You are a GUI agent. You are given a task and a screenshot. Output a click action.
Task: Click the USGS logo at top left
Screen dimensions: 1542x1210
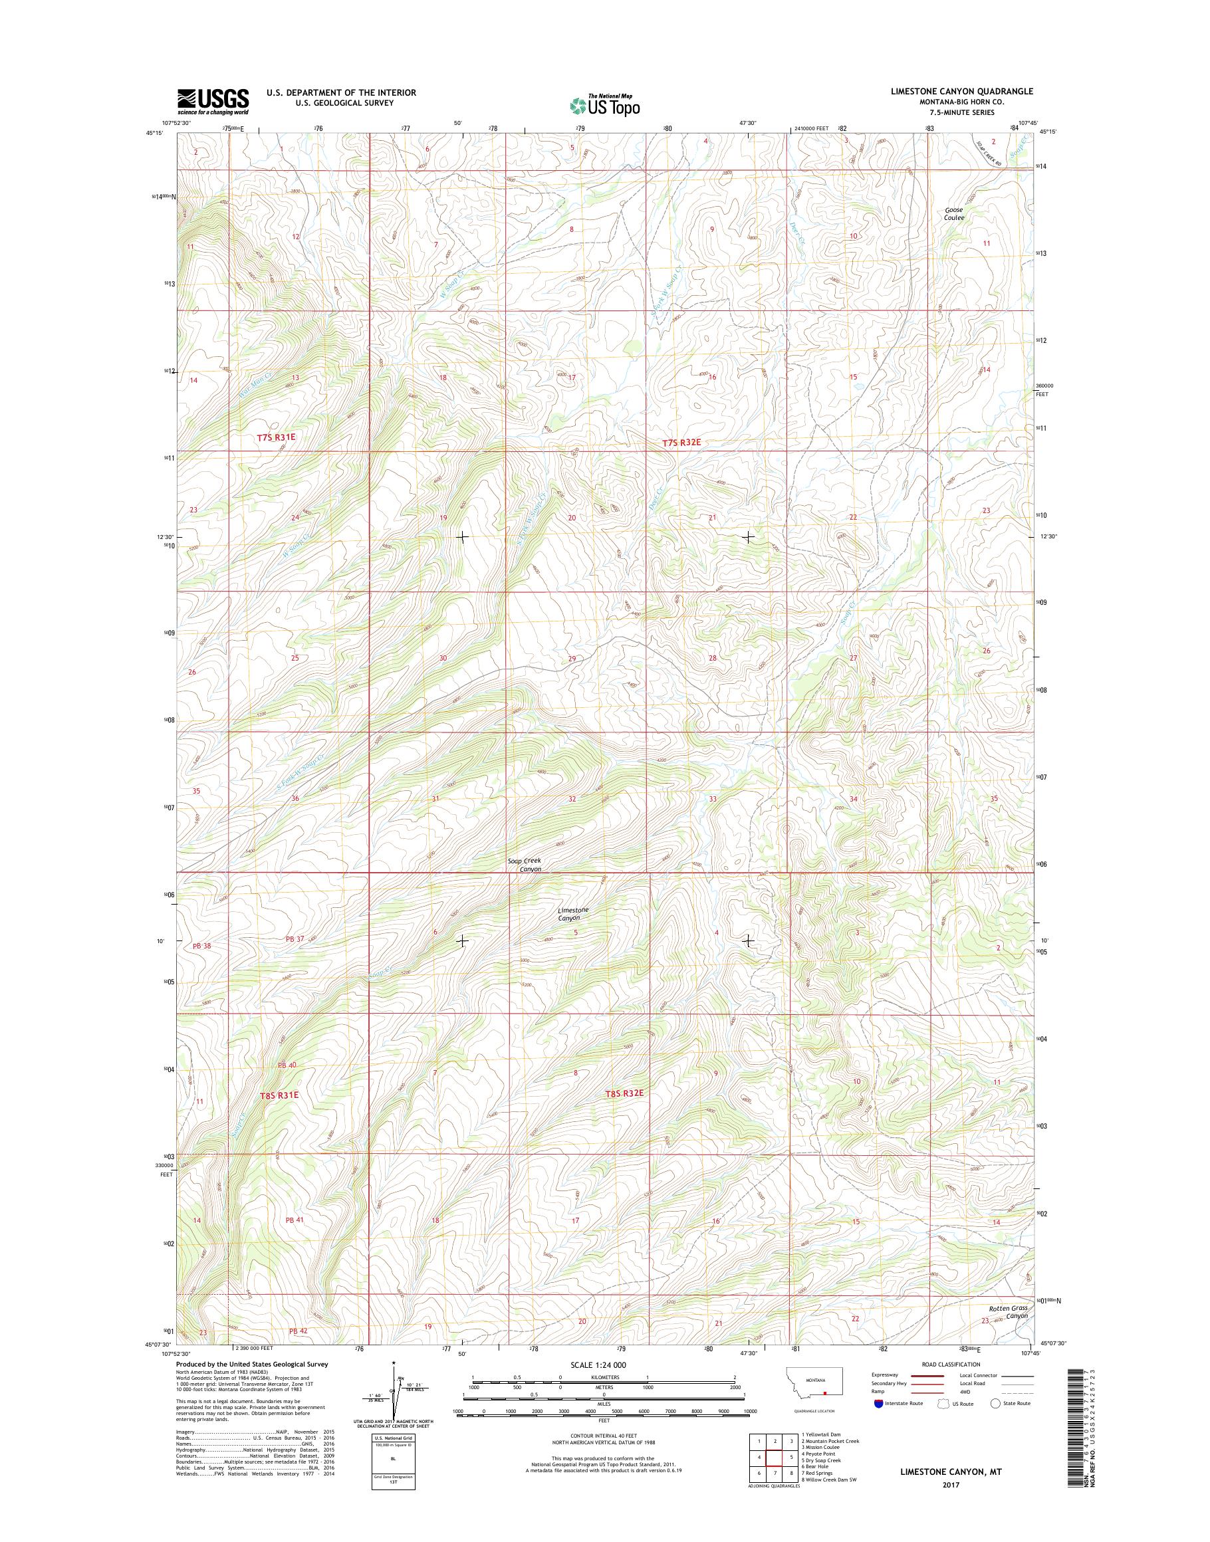pos(213,101)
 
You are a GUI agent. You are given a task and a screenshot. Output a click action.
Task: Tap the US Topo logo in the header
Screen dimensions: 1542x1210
pos(604,105)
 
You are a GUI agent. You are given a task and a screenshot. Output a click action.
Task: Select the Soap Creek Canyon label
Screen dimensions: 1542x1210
pos(525,864)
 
